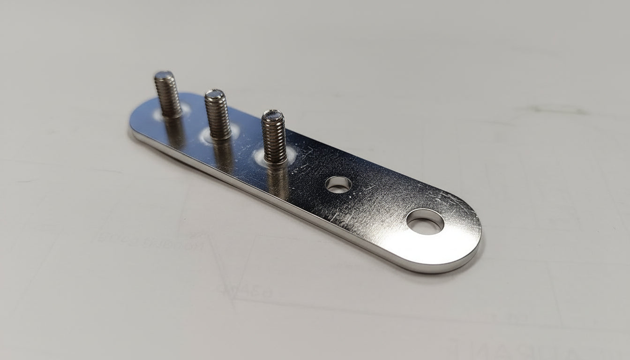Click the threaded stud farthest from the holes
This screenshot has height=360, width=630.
click(167, 94)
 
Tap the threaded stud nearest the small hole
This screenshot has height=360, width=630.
click(274, 136)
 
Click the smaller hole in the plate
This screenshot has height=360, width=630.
click(338, 184)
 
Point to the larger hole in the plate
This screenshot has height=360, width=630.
click(425, 222)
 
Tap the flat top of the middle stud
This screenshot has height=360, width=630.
click(215, 94)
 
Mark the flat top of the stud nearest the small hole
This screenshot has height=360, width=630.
click(272, 115)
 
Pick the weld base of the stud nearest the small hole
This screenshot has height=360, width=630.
click(277, 159)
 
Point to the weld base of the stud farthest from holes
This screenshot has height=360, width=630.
click(172, 113)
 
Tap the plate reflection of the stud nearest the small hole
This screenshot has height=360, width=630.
click(278, 180)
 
